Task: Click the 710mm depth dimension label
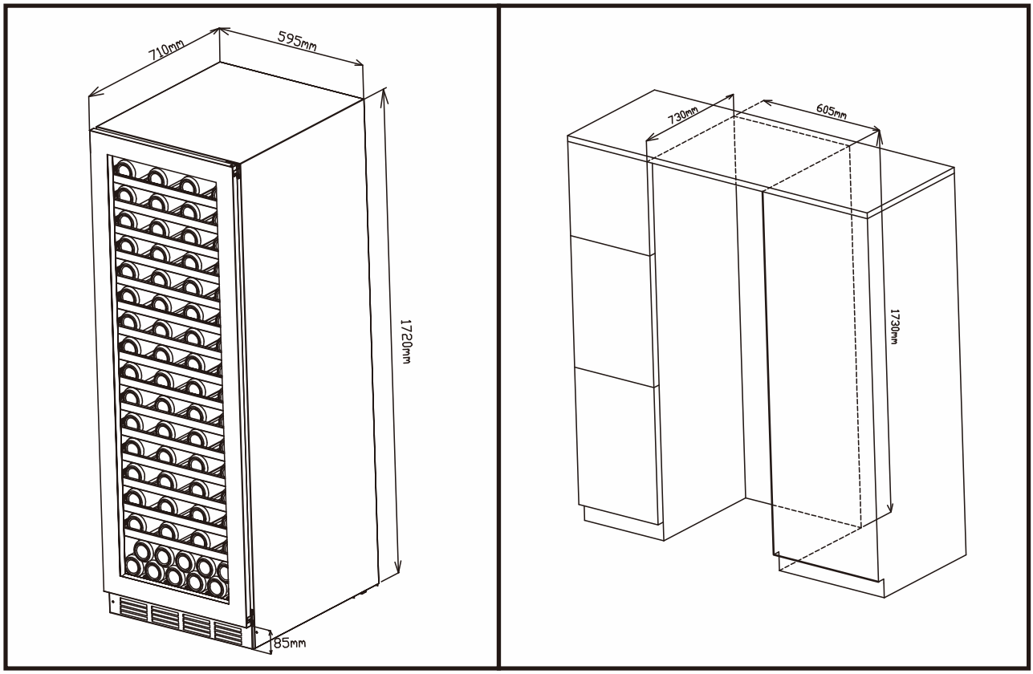(x=166, y=51)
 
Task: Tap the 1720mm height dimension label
(x=405, y=341)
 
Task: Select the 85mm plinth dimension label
(x=290, y=643)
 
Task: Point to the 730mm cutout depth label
(x=682, y=116)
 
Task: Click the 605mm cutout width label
(x=832, y=112)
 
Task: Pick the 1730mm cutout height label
(x=893, y=326)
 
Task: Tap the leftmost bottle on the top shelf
(x=124, y=169)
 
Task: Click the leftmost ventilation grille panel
(x=132, y=611)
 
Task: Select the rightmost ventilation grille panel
(x=228, y=633)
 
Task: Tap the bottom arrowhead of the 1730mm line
(x=890, y=506)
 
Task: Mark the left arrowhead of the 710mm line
(x=95, y=92)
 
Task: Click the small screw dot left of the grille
(x=113, y=603)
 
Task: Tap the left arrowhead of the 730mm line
(x=651, y=136)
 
